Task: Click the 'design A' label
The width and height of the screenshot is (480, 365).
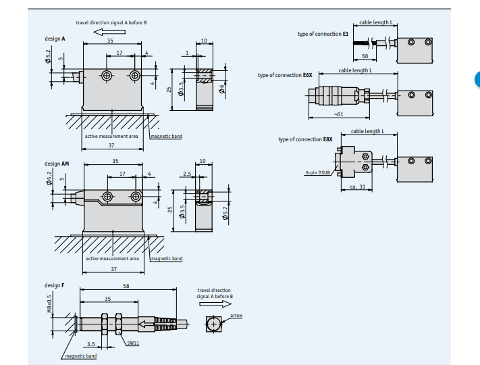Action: pos(55,39)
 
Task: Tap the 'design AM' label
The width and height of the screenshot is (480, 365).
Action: pos(57,164)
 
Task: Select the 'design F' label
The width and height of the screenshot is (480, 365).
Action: pos(55,285)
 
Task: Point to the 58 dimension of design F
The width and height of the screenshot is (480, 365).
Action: pos(126,286)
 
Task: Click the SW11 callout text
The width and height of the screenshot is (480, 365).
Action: pos(134,343)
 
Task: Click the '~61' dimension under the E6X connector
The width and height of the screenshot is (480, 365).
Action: pos(338,114)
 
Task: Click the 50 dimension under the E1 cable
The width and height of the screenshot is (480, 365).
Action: pos(365,55)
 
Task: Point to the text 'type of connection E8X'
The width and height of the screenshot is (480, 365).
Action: pos(305,140)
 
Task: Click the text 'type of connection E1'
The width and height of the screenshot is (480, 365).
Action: pos(323,34)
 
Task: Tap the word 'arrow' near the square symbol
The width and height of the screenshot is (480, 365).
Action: pos(236,316)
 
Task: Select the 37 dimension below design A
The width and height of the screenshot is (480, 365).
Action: pos(111,146)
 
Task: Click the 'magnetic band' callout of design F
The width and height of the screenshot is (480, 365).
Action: pos(80,356)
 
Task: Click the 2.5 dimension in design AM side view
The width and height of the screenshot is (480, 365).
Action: pos(187,174)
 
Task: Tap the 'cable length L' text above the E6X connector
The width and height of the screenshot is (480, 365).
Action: pos(355,70)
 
